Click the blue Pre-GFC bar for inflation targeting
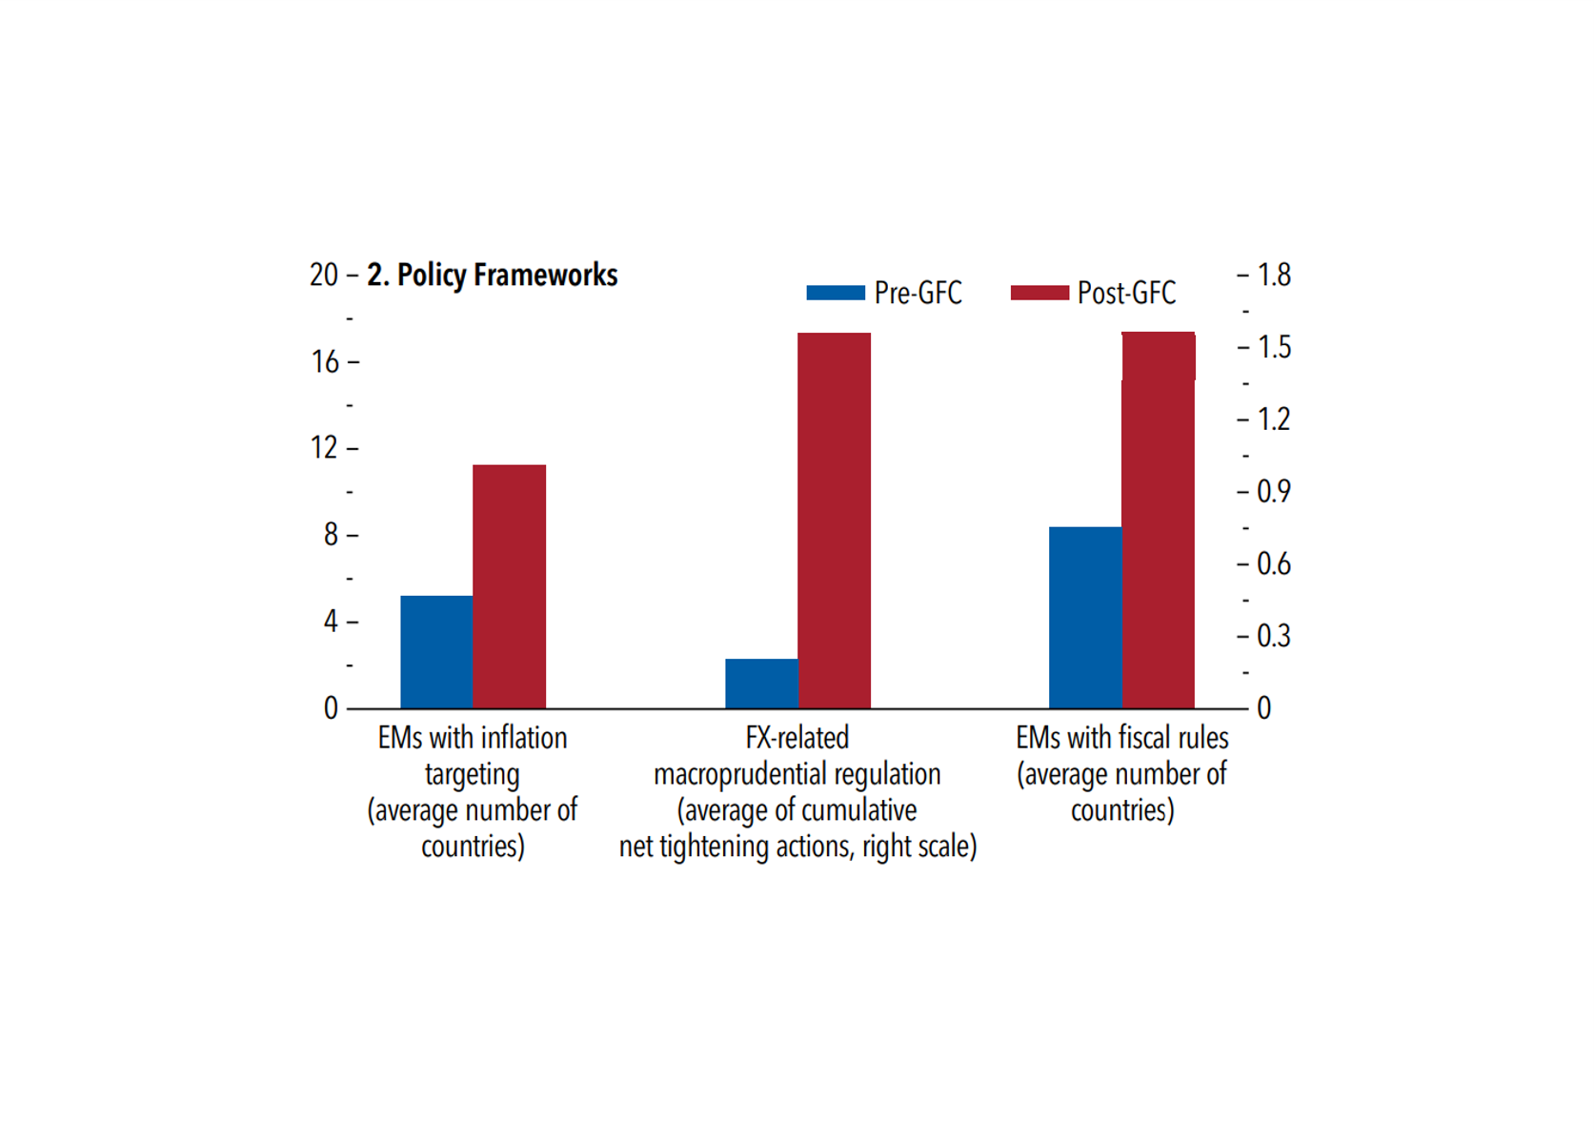point(436,652)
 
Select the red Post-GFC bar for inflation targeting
point(510,586)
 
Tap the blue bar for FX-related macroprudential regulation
point(761,684)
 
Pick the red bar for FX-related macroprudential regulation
point(835,521)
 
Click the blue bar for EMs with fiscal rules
point(1085,618)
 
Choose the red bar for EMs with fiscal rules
point(1159,521)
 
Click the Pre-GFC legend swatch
point(835,293)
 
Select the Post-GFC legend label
point(1126,293)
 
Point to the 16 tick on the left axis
point(325,362)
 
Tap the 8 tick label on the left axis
point(331,535)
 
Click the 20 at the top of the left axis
point(324,276)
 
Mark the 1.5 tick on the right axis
point(1274,348)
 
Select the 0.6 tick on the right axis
point(1274,564)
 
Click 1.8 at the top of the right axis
point(1274,276)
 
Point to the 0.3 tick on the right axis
point(1274,636)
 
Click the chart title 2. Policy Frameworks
point(493,276)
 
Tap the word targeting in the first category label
point(473,775)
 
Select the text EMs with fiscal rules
point(1122,738)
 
